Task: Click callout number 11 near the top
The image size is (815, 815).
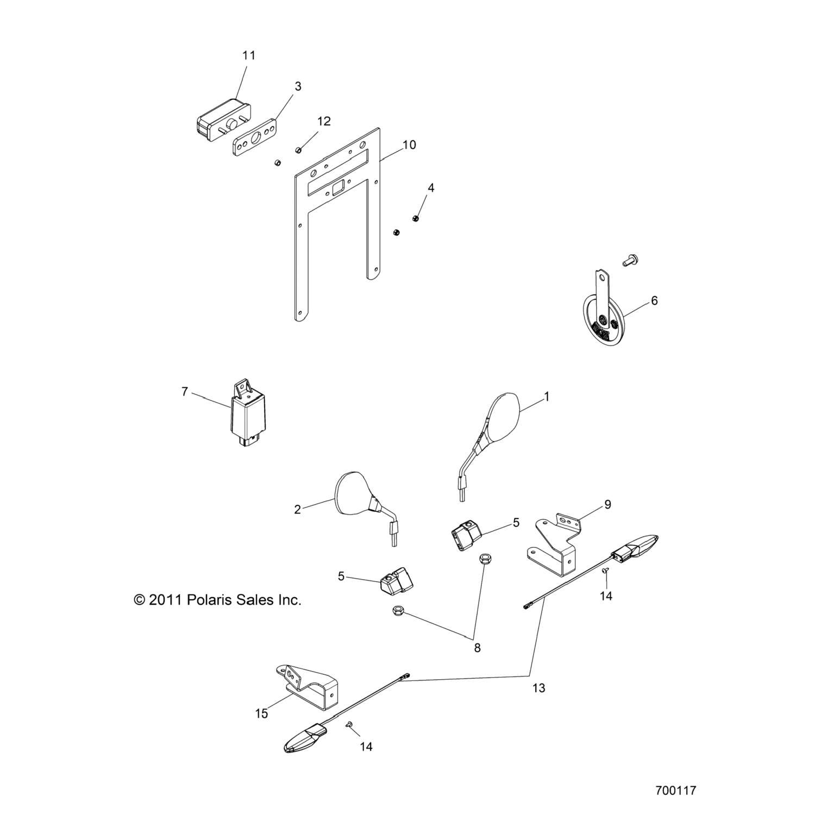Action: [x=248, y=55]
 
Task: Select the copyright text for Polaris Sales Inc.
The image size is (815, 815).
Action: [x=217, y=600]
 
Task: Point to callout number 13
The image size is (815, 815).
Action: [x=538, y=688]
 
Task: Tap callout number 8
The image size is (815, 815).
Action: [x=477, y=648]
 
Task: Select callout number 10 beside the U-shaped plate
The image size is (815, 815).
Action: [x=409, y=145]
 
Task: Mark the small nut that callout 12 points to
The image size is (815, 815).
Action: [x=298, y=149]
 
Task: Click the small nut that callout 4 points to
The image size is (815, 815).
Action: [x=416, y=218]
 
